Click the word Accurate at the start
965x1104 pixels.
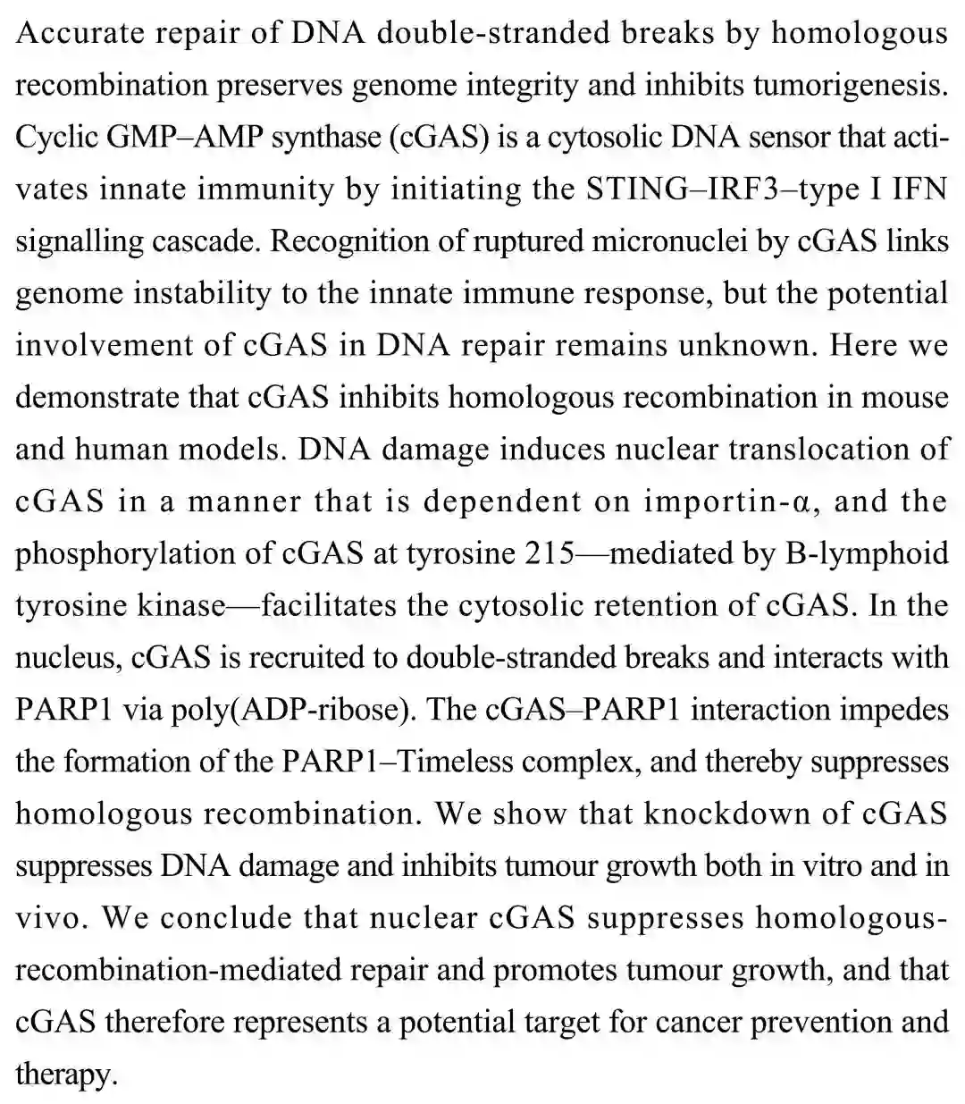pyautogui.click(x=75, y=33)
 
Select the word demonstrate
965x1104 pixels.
pyautogui.click(x=90, y=397)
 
